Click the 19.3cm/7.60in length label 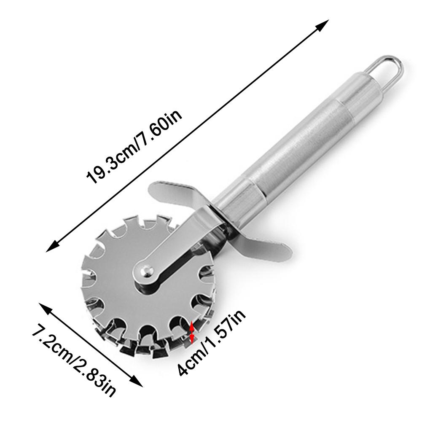pyautogui.click(x=134, y=147)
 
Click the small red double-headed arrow pyautogui.click(x=192, y=332)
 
